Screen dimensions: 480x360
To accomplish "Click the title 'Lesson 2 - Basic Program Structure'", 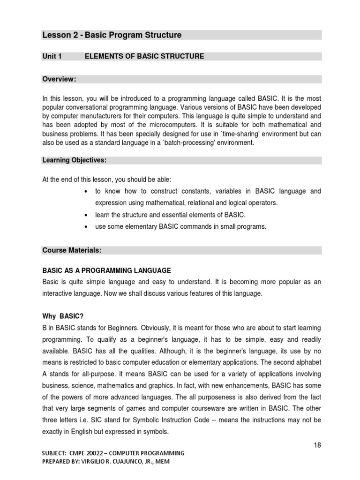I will [112, 35].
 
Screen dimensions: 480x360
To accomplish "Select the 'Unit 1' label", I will [52, 56].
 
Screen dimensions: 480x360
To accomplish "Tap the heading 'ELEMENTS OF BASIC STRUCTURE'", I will [144, 56].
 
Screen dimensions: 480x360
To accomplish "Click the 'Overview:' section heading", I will [59, 79].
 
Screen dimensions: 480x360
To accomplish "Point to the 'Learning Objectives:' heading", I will [75, 160].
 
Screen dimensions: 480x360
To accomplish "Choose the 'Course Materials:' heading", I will [72, 250].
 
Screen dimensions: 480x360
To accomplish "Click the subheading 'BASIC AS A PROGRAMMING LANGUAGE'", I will [106, 271].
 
